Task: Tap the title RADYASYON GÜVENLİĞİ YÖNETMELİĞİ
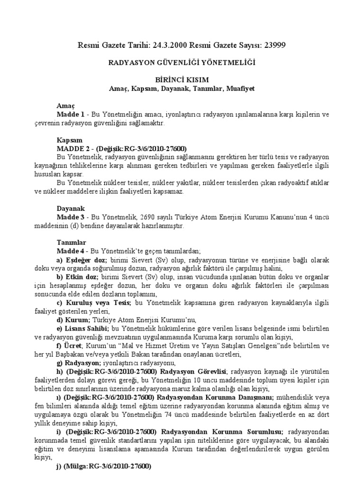(182, 62)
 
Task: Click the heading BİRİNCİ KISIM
(182, 80)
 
